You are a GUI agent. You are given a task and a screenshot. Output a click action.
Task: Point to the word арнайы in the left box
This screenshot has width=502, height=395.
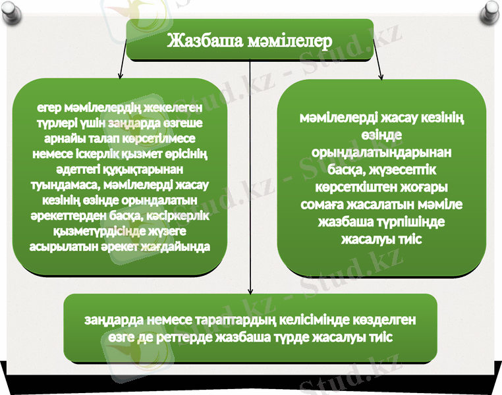(x=64, y=139)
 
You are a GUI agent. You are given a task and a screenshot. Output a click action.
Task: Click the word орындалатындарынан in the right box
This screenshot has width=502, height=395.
(x=381, y=151)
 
